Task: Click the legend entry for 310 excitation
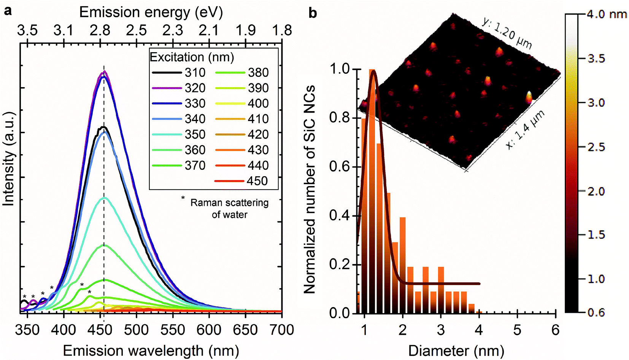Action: point(179,72)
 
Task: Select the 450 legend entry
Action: point(241,181)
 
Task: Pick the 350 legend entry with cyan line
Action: point(179,134)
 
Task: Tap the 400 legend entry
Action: point(242,104)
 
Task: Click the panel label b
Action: point(313,13)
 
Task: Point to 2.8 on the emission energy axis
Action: point(100,30)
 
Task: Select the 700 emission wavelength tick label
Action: point(282,330)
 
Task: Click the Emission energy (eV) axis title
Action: point(151,13)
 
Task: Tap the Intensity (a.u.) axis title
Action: point(9,159)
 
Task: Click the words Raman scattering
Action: point(229,203)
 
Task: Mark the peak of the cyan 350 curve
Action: point(104,198)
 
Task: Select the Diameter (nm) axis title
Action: point(456,350)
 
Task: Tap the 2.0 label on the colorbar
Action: point(596,191)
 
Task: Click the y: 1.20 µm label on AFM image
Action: point(507,33)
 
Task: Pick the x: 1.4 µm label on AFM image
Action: point(525,129)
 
